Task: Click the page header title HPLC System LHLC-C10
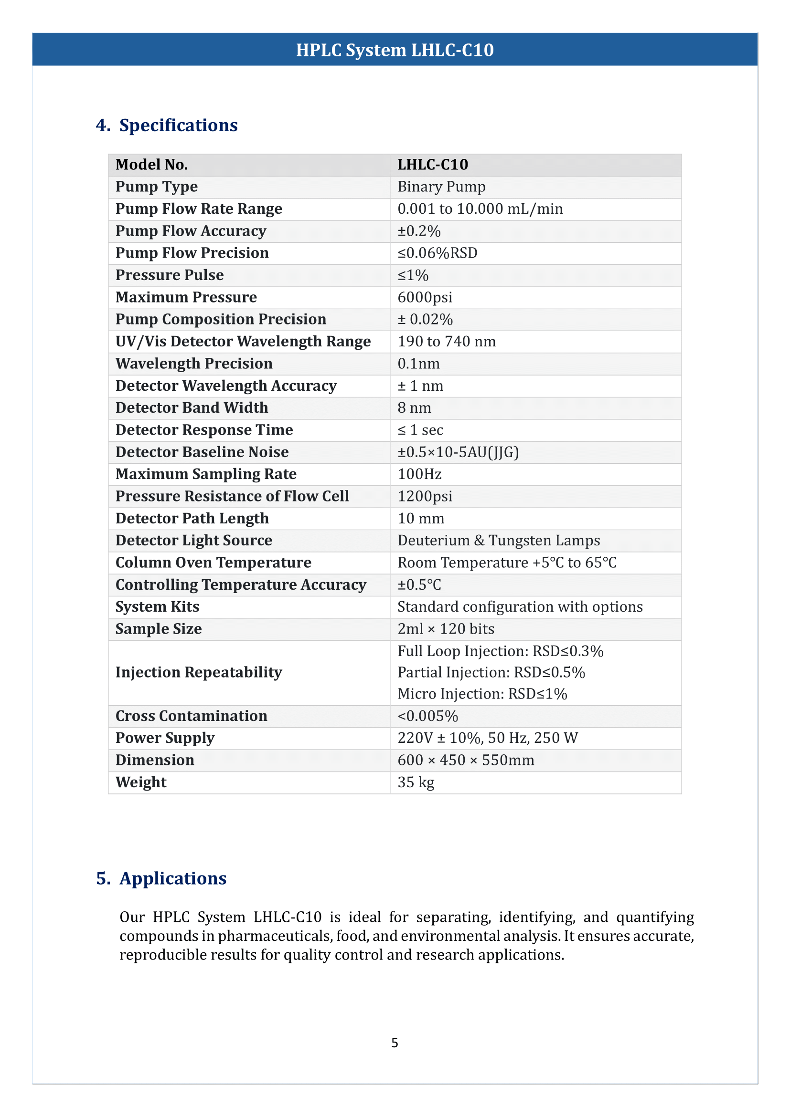point(395,50)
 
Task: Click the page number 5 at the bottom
point(395,1043)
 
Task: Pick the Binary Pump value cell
point(441,187)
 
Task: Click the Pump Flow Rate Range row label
point(199,209)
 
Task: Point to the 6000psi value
point(425,297)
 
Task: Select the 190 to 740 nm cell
point(447,341)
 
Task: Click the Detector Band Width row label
point(192,408)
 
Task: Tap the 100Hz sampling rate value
point(419,474)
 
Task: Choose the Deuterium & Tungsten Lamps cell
point(499,541)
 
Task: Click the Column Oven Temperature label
point(213,563)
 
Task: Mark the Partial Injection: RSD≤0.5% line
point(491,672)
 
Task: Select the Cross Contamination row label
point(191,716)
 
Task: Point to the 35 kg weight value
point(416,782)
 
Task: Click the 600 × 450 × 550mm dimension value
point(466,760)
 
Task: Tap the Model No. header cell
point(151,165)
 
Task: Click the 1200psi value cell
point(425,496)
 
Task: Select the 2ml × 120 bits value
point(446,629)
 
